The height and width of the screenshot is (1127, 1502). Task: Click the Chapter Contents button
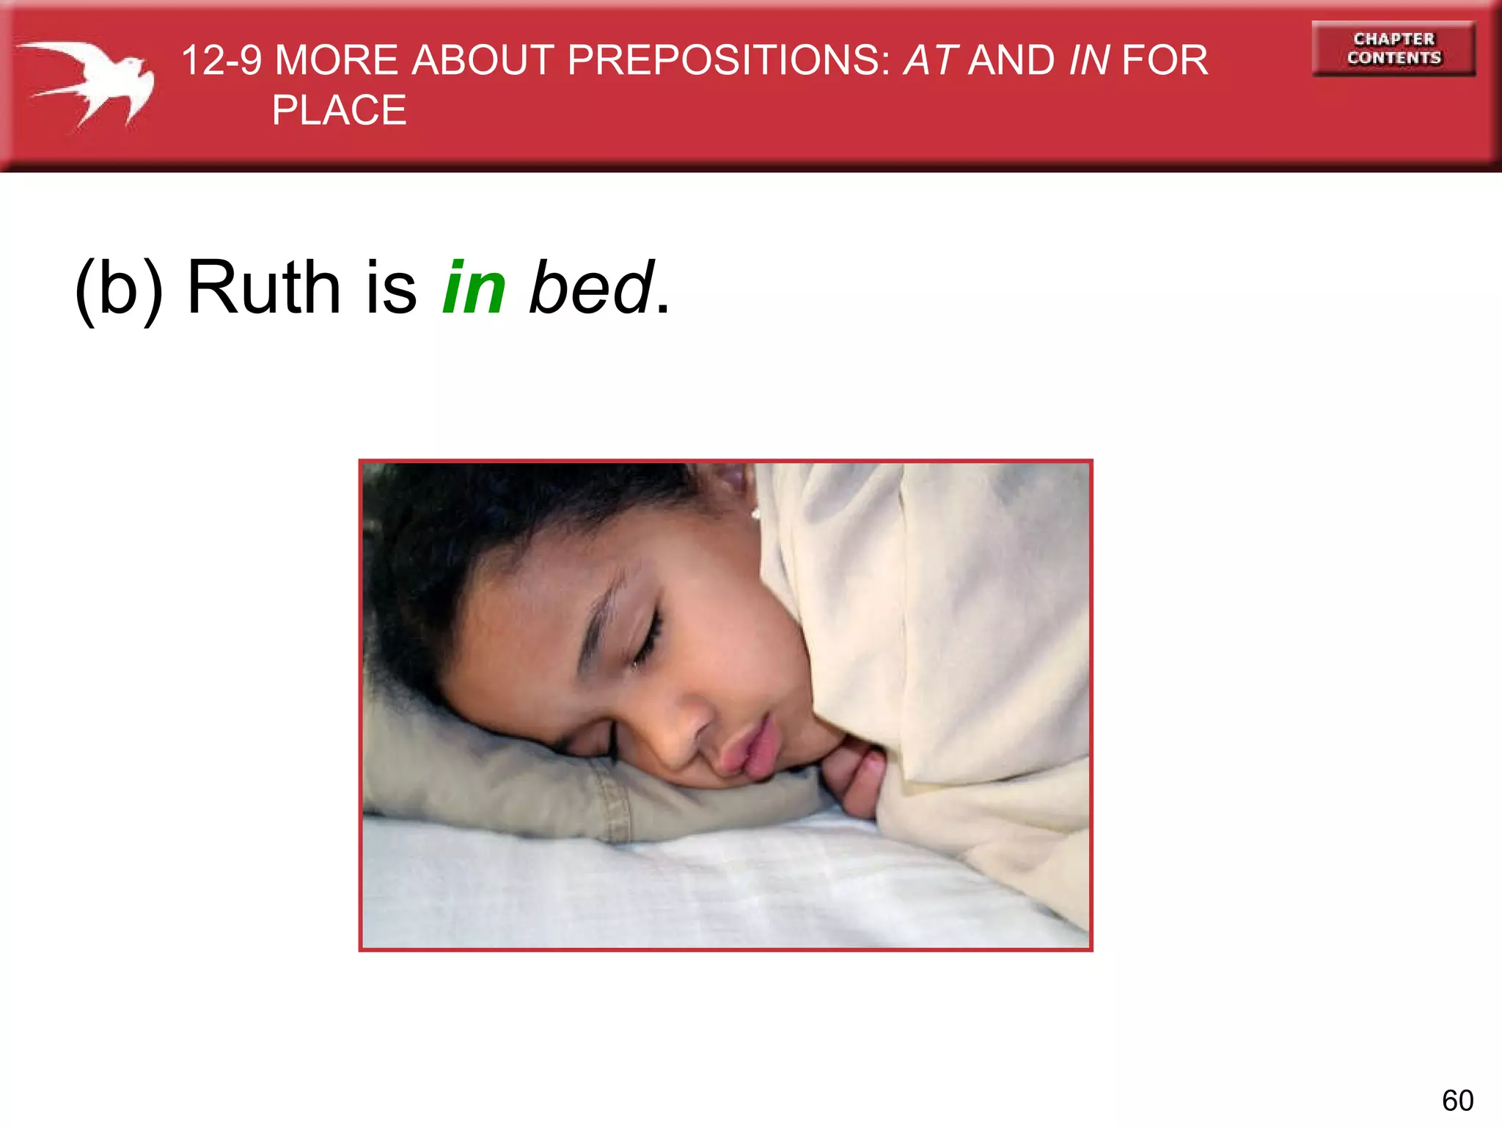click(1393, 48)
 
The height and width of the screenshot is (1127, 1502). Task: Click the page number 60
click(1457, 1101)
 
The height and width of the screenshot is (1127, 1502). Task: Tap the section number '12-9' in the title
click(221, 60)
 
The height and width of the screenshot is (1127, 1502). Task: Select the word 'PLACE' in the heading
click(339, 111)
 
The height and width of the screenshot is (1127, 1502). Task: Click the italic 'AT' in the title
click(930, 60)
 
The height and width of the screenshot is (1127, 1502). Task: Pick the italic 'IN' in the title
click(1089, 60)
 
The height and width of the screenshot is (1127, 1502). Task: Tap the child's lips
click(755, 748)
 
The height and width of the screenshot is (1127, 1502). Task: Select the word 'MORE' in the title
click(336, 60)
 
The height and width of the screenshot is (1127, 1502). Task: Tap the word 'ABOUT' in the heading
click(482, 60)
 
